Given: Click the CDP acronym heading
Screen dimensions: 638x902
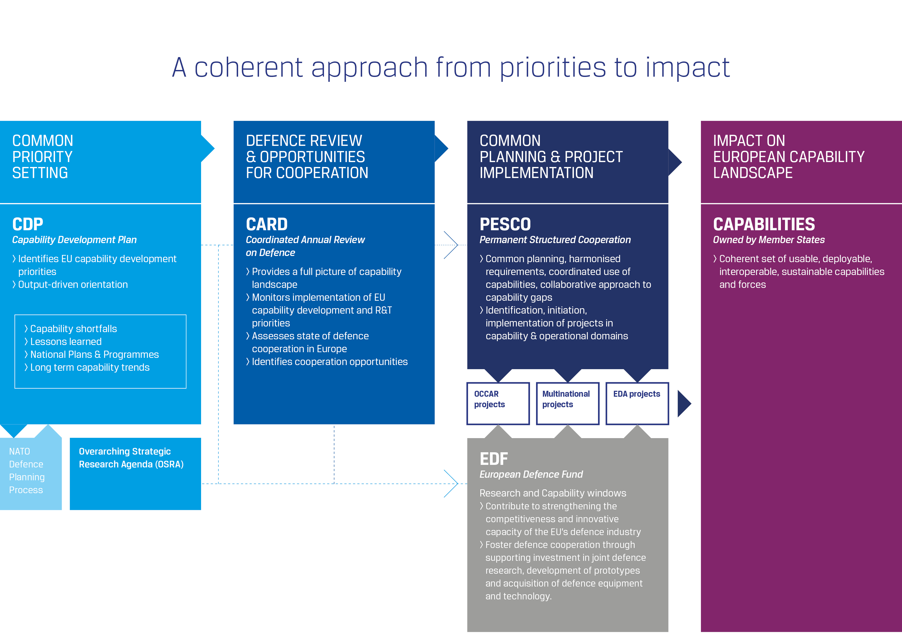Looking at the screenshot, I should tap(28, 225).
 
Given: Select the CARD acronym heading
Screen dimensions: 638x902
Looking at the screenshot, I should tap(266, 225).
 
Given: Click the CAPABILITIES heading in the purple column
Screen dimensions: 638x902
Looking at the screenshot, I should tap(764, 225).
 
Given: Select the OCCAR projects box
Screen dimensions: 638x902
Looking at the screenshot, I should tap(498, 403).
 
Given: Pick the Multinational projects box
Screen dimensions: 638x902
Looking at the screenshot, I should tap(567, 403).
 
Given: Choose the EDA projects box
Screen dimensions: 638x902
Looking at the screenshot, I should tap(637, 403).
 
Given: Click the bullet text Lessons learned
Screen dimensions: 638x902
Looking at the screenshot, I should tap(66, 342).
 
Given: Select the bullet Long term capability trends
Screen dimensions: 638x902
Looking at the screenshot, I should tap(89, 368).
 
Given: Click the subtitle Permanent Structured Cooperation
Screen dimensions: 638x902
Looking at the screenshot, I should tap(555, 240).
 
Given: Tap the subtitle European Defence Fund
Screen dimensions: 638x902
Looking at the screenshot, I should tap(531, 474).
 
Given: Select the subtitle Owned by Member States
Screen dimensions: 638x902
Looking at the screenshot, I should tap(769, 240).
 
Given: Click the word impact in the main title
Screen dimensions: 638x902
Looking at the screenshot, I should tap(688, 68).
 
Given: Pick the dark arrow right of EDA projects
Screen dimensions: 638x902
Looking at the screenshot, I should tap(684, 404).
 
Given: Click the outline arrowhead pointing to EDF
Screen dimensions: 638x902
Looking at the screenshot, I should tap(452, 483).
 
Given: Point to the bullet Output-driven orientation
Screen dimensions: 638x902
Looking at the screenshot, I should tap(73, 285).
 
